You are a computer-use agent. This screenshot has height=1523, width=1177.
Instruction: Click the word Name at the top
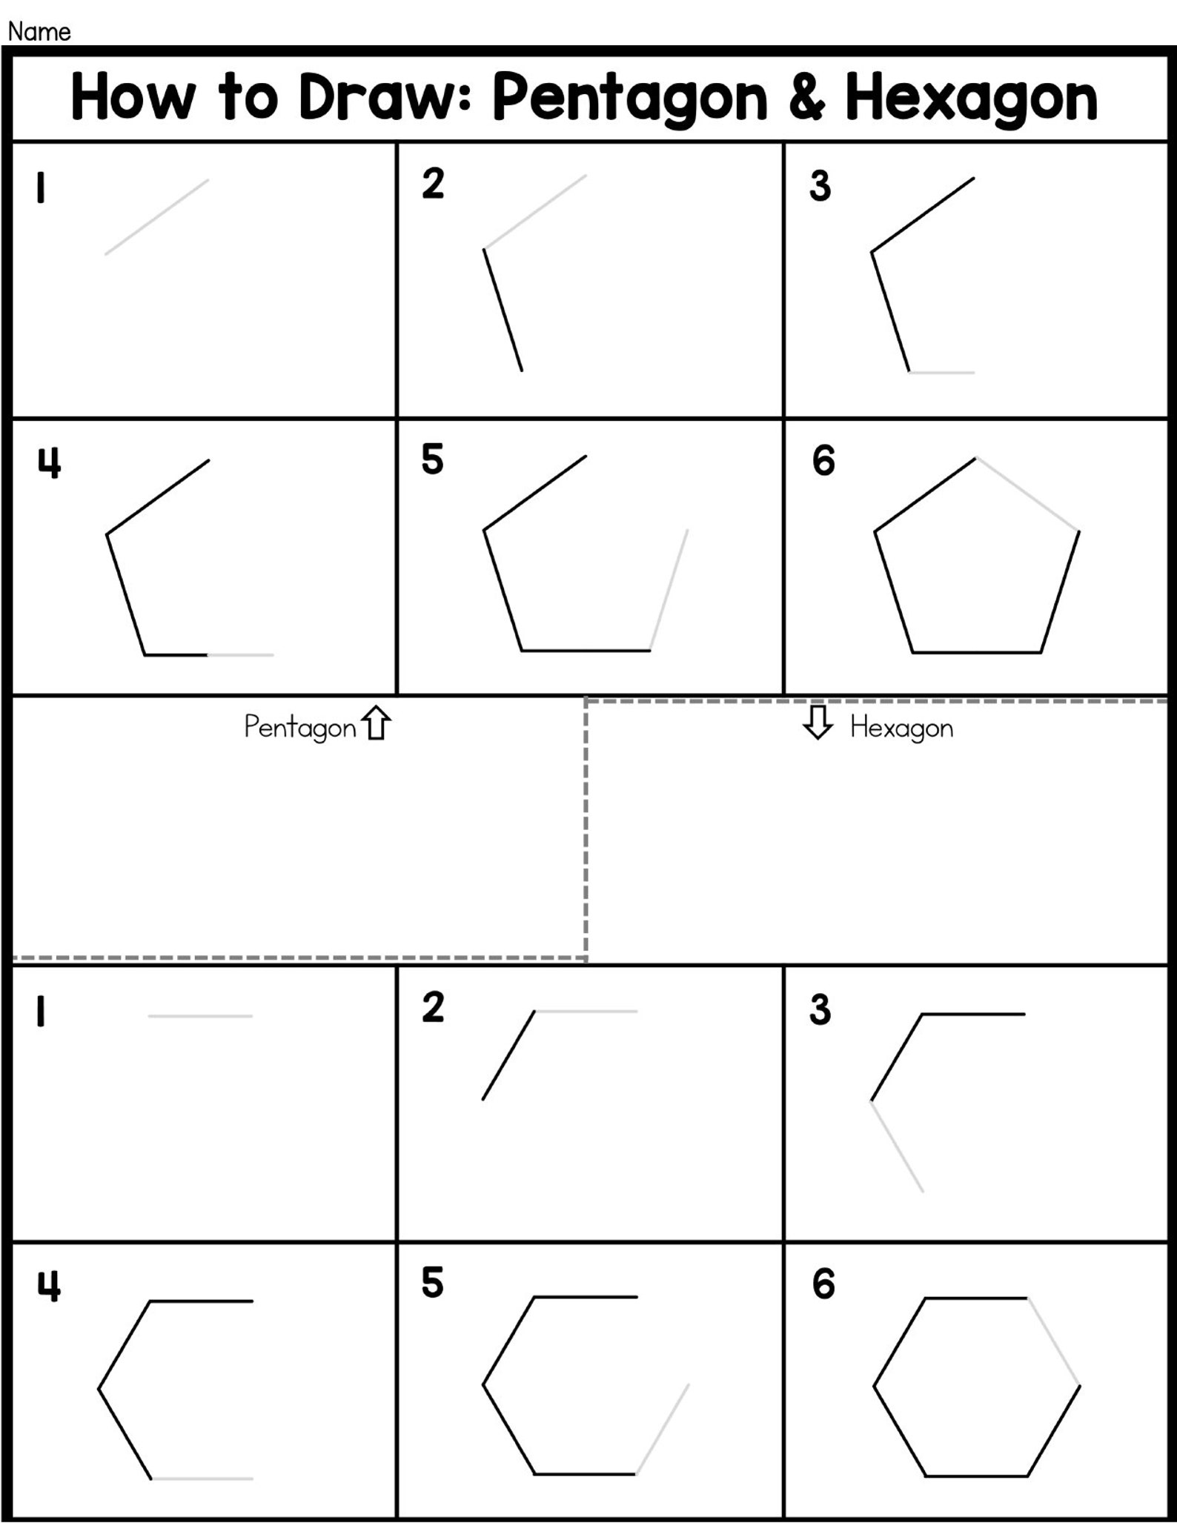[x=39, y=32]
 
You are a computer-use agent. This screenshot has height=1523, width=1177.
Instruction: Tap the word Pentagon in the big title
[x=629, y=99]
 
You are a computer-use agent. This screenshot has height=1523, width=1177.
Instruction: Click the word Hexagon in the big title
[x=971, y=99]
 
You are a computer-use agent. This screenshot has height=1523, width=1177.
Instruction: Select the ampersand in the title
[x=806, y=98]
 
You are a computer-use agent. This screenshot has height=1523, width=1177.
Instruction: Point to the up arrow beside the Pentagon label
[x=377, y=723]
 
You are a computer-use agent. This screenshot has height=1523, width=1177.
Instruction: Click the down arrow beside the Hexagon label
[x=818, y=723]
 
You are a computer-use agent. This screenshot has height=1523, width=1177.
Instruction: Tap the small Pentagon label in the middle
[x=300, y=728]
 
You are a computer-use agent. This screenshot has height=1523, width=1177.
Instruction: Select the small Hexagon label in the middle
[x=901, y=728]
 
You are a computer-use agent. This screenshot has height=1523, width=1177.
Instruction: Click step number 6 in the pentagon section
[x=823, y=461]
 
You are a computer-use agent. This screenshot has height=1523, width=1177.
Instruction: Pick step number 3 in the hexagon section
[x=820, y=1010]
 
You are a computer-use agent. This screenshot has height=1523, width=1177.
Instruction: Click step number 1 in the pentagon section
[x=41, y=188]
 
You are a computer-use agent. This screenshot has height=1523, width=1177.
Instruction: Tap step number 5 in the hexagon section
[x=432, y=1283]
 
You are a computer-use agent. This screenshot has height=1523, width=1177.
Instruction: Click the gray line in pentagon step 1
[x=156, y=217]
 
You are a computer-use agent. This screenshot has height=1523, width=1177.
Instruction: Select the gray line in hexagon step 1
[x=200, y=1016]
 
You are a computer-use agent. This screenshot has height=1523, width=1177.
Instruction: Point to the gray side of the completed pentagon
[x=1027, y=494]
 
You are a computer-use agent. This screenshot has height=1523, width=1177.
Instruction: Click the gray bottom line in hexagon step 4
[x=202, y=1479]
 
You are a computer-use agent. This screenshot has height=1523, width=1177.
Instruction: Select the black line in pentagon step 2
[x=503, y=310]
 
